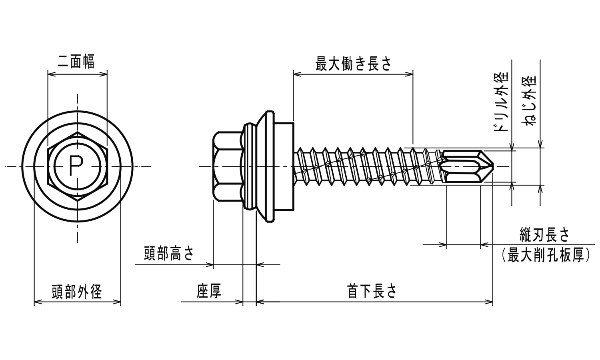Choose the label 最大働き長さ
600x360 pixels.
click(353, 64)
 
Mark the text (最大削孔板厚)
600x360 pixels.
click(546, 255)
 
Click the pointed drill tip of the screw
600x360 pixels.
click(492, 166)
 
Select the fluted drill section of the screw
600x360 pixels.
click(464, 166)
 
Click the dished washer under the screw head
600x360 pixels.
click(264, 166)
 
